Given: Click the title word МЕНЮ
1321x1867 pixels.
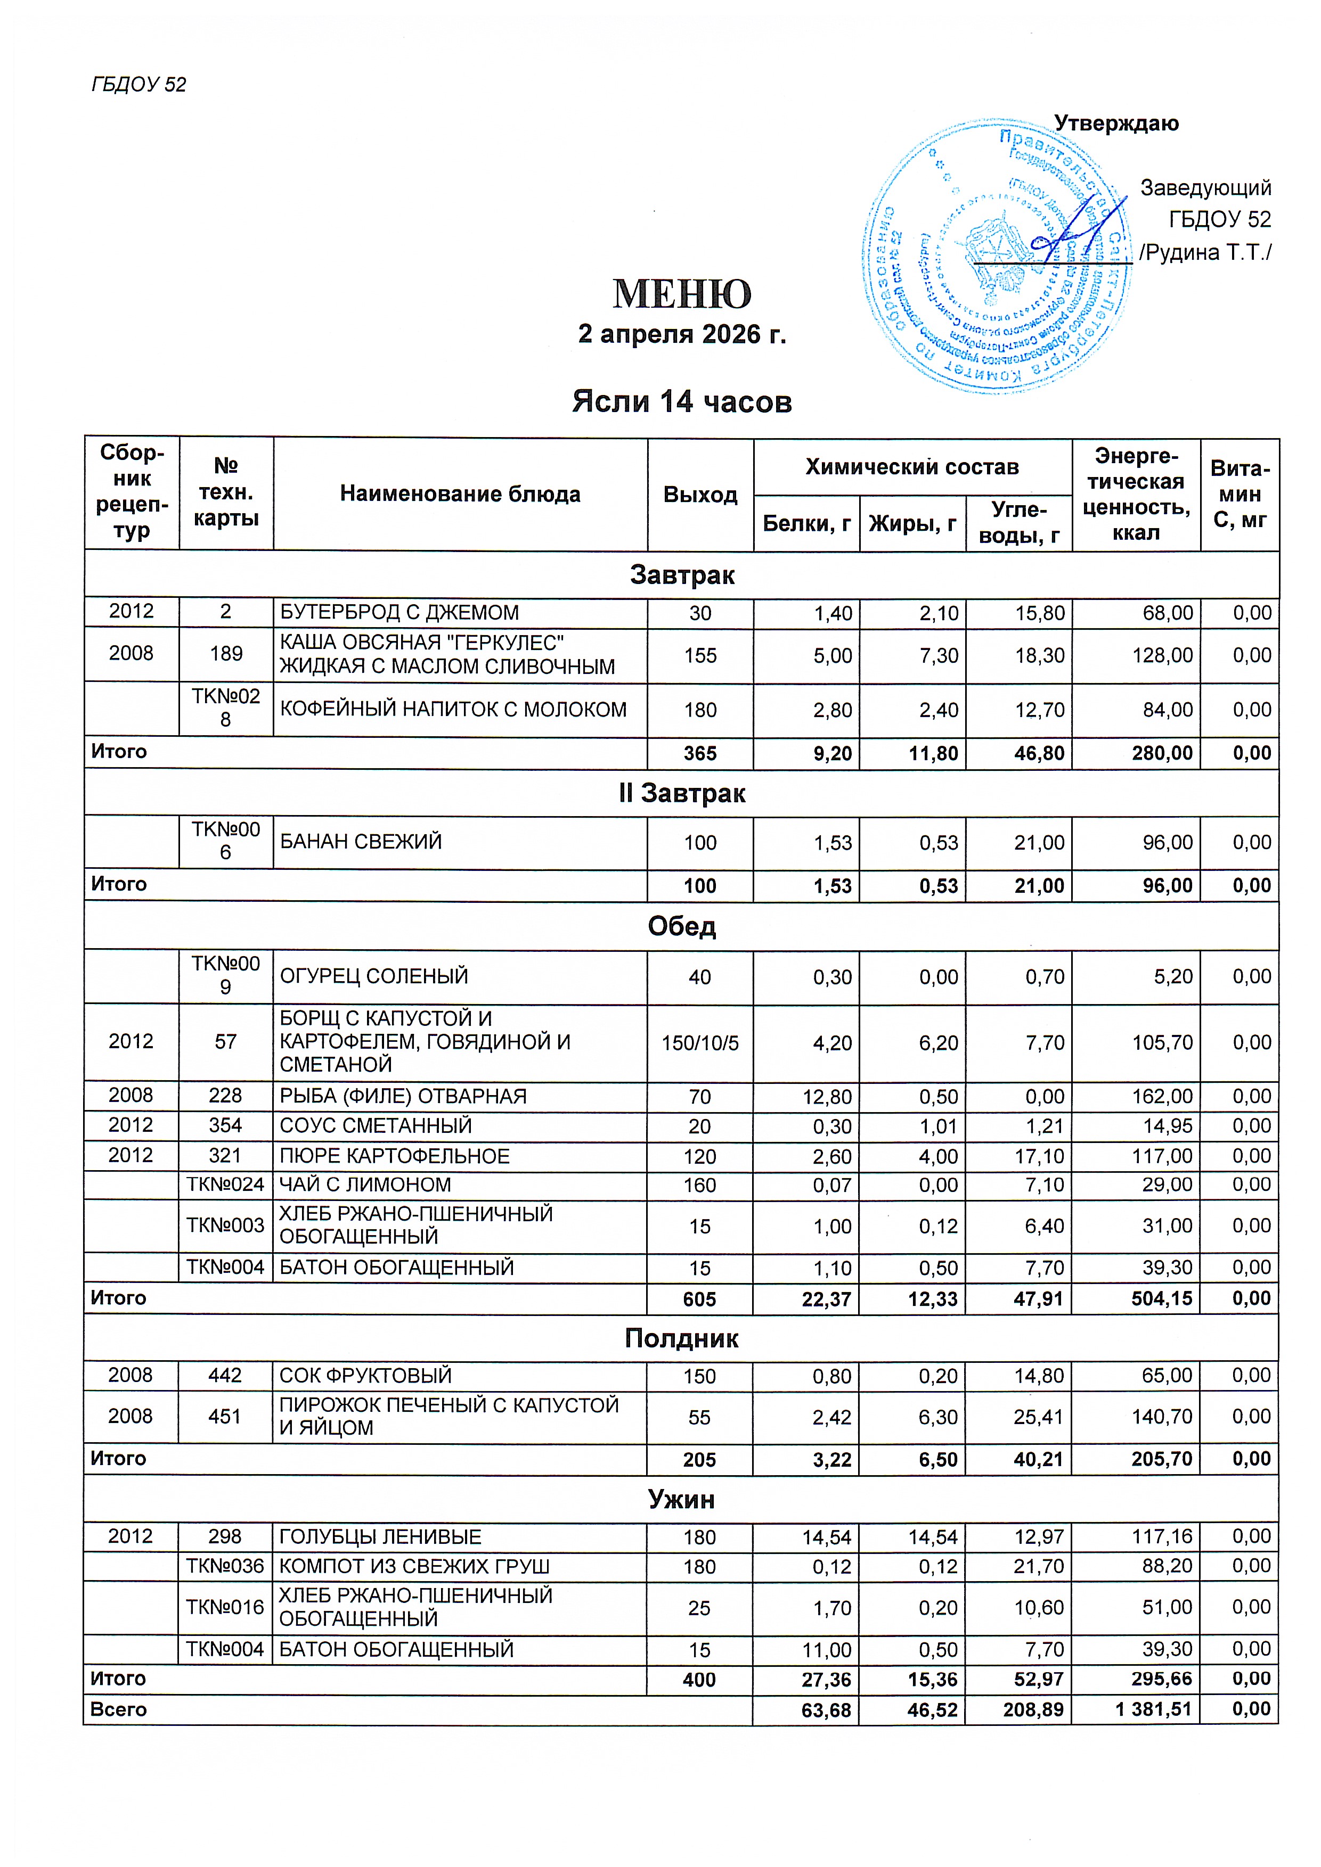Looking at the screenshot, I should click(x=682, y=294).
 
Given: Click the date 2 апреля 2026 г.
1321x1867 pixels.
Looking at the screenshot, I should click(x=682, y=334).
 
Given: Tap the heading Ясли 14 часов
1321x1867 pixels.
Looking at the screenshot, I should click(x=682, y=402).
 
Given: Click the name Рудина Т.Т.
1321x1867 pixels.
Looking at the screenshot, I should click(x=1205, y=253).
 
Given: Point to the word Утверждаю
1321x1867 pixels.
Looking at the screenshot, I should click(x=1116, y=124).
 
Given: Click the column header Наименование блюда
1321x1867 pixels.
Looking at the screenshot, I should click(x=460, y=494).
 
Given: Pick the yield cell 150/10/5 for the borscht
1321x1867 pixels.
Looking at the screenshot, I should click(x=699, y=1042).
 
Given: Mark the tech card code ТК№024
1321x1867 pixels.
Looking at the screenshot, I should click(x=225, y=1185).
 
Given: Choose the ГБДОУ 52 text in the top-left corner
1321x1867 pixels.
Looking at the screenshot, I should click(x=139, y=85).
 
